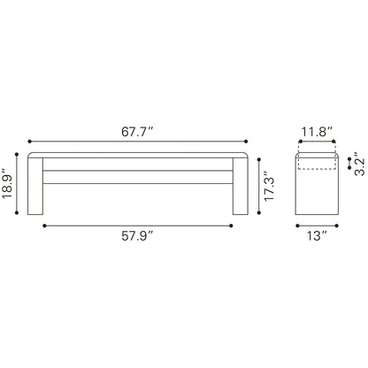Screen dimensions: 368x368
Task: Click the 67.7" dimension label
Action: tap(138, 132)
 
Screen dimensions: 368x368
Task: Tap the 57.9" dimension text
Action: tap(138, 236)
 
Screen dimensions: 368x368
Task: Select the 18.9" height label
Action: tap(7, 183)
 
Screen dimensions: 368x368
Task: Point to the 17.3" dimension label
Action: tap(270, 186)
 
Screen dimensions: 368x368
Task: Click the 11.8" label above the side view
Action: tap(317, 132)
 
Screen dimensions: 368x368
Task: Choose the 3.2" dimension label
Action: tap(360, 164)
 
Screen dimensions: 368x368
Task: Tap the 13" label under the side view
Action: tap(318, 236)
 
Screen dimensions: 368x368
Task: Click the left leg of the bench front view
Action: tap(35, 186)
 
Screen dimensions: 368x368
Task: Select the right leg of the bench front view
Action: tap(241, 186)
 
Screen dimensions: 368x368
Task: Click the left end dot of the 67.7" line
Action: tap(29, 142)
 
